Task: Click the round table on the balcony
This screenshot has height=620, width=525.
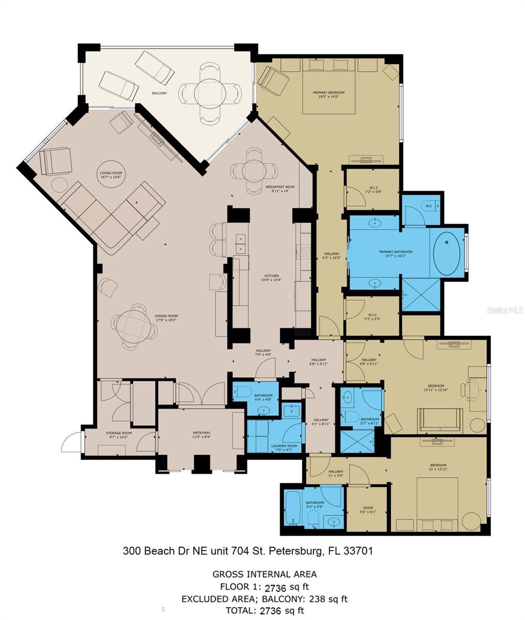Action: (210, 93)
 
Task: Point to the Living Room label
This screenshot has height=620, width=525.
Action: (111, 175)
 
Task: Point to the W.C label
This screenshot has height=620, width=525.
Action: (428, 206)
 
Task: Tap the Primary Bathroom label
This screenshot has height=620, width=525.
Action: (393, 253)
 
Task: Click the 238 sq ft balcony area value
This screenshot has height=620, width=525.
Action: (327, 599)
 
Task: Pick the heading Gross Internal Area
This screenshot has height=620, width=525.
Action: (265, 574)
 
